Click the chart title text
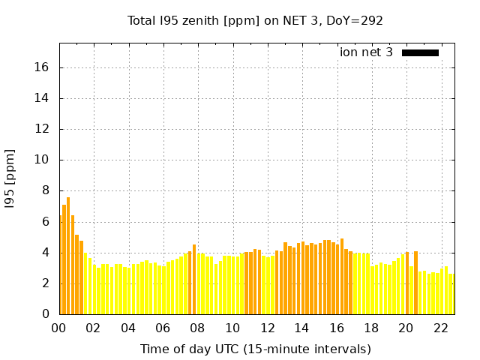point(255,20)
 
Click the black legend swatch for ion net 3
point(420,52)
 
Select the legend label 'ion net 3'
point(366,52)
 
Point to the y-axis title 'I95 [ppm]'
point(10,178)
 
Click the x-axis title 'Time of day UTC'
point(255,349)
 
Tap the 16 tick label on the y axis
point(41,67)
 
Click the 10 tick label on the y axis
point(41,160)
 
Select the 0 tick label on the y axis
point(45,313)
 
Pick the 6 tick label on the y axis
point(45,221)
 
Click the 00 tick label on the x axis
point(59,328)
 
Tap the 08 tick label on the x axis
point(198,328)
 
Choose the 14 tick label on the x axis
point(301,328)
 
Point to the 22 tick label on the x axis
point(440,328)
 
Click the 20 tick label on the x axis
point(406,328)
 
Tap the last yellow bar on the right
point(451,294)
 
